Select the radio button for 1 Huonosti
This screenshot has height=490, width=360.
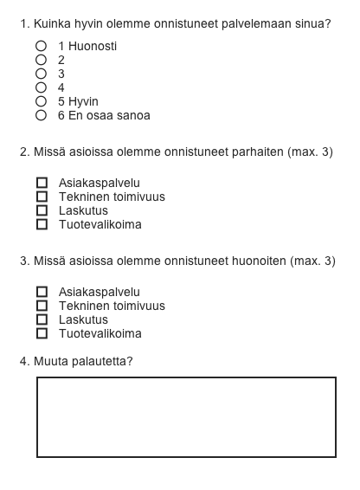click(41, 46)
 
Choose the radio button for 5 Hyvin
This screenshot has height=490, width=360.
click(41, 101)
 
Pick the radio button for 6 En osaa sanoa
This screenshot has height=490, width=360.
click(41, 115)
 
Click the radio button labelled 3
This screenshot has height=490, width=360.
click(41, 74)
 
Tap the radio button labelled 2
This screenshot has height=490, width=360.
click(41, 60)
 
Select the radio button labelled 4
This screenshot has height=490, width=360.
click(41, 87)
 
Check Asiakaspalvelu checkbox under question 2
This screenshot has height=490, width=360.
click(42, 184)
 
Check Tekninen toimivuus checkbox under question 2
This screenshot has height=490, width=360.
click(42, 197)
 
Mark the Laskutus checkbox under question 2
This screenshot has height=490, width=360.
click(42, 211)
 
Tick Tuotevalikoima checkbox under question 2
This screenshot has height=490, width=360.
click(42, 225)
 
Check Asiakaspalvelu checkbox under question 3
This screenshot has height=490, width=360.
click(42, 293)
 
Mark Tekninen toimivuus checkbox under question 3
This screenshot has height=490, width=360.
click(42, 306)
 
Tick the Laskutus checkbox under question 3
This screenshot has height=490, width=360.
click(42, 320)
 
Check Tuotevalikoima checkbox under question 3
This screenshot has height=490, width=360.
click(42, 334)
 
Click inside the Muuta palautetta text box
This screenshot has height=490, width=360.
click(186, 417)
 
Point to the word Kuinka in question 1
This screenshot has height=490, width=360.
click(51, 24)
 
